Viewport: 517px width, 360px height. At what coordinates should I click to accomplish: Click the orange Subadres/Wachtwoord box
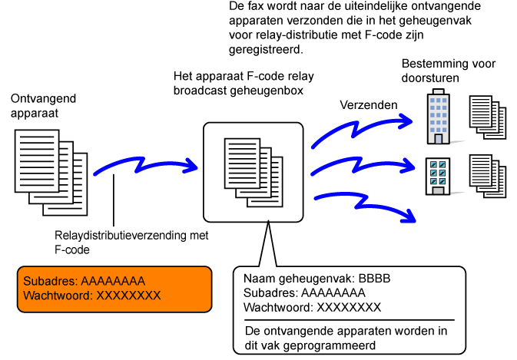point(114,289)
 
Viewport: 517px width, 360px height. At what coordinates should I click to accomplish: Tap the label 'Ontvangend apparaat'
point(35,107)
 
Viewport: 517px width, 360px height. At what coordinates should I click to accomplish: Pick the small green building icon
point(439,174)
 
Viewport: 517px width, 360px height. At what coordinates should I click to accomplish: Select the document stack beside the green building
point(489,176)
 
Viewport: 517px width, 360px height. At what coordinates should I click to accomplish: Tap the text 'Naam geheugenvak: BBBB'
point(316,279)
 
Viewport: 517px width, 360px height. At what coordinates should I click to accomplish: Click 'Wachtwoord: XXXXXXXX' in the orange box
point(91,296)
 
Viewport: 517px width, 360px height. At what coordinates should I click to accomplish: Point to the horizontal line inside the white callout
point(350,319)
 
